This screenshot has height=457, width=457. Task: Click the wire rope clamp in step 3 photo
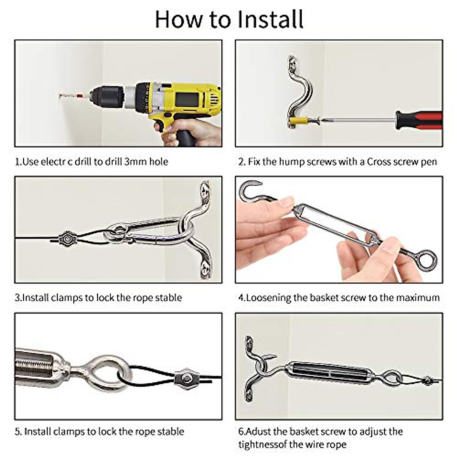point(67,239)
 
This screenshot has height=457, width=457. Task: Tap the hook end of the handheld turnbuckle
point(249,189)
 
